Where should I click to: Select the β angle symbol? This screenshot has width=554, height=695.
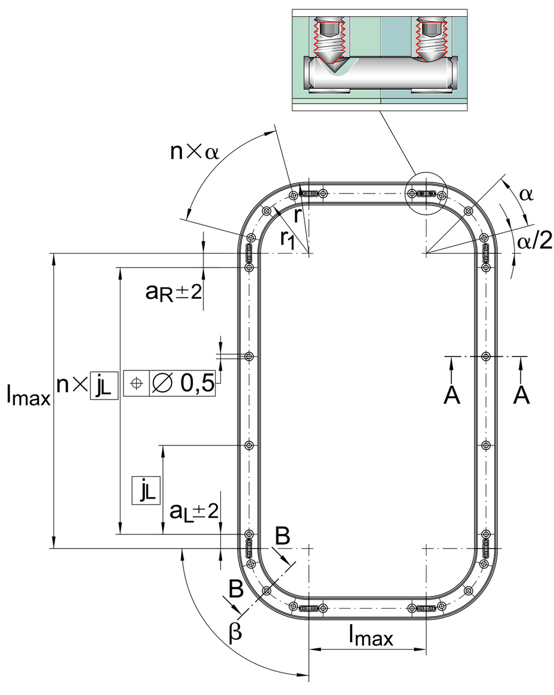(x=235, y=632)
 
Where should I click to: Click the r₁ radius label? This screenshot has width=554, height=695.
(x=287, y=240)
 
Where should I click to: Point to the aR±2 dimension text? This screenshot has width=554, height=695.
(x=174, y=292)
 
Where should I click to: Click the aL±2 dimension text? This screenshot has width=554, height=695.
(x=194, y=512)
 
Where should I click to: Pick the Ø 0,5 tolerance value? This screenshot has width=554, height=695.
(x=183, y=383)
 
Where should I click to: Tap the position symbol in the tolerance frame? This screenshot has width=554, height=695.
(x=136, y=383)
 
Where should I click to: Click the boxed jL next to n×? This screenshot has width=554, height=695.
(x=104, y=385)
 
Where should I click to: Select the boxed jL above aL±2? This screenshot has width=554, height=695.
(x=146, y=490)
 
